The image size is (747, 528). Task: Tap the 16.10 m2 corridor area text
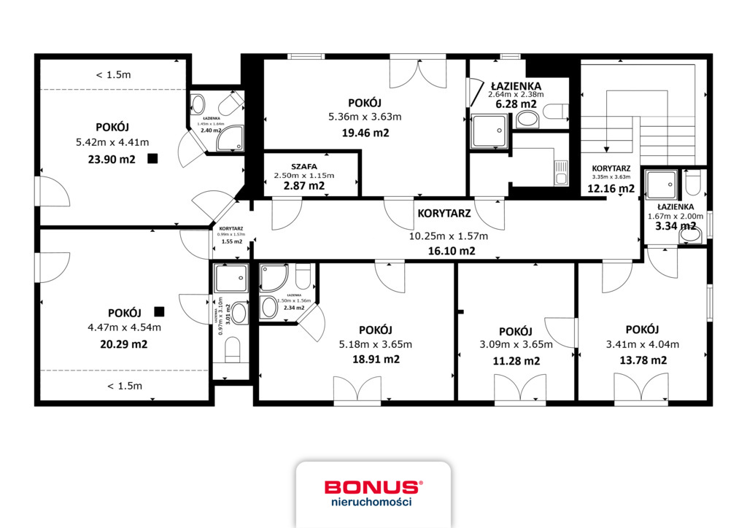[x=452, y=250]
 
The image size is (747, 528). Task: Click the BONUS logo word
[x=372, y=487]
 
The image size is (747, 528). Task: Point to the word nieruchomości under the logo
[x=373, y=502]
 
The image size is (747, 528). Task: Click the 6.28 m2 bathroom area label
[x=514, y=105]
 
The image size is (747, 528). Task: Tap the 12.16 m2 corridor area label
[x=611, y=188]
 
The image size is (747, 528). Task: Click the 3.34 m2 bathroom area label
[x=675, y=226]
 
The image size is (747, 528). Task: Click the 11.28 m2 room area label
[x=516, y=360]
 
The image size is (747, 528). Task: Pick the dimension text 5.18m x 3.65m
[x=376, y=345]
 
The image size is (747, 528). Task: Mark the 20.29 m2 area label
[x=123, y=343]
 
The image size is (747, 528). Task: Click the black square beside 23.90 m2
[x=152, y=158]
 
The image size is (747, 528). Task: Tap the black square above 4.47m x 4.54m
[x=159, y=311]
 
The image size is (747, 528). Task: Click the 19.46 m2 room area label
[x=365, y=133]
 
